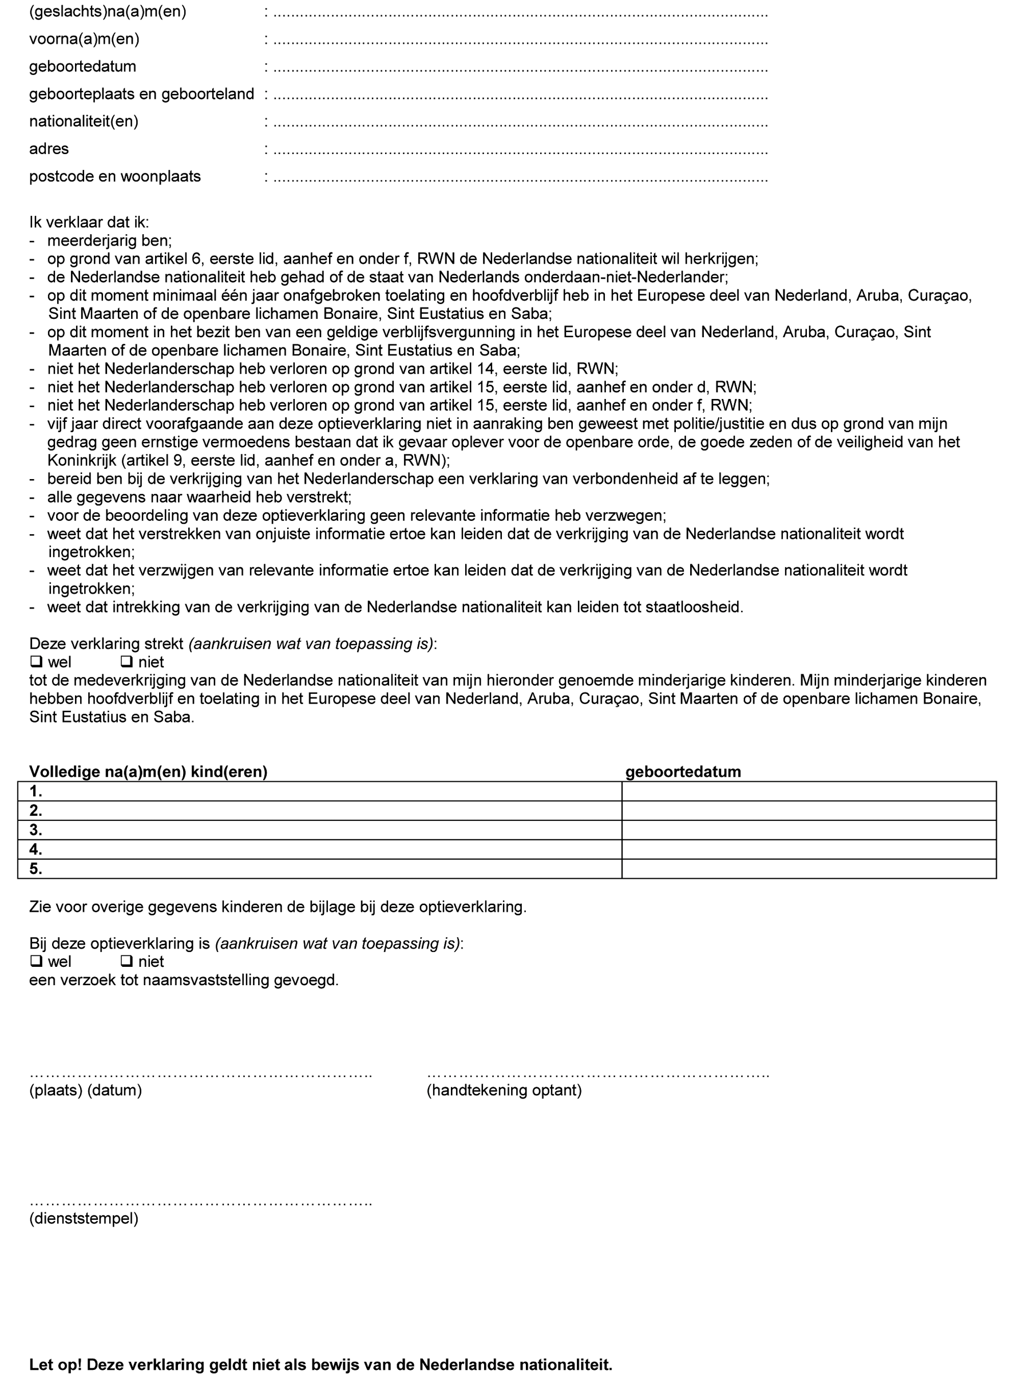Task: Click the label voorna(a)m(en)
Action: click(x=84, y=39)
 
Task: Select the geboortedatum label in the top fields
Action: click(x=82, y=66)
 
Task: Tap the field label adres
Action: click(x=49, y=149)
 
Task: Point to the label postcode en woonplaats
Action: click(x=115, y=176)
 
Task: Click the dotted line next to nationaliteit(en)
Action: click(x=520, y=123)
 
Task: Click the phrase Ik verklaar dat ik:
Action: click(x=89, y=222)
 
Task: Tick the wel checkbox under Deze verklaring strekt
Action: click(x=36, y=662)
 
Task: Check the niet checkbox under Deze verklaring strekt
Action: click(x=126, y=662)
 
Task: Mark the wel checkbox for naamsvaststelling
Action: click(x=36, y=961)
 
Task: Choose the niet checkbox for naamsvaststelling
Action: click(x=126, y=961)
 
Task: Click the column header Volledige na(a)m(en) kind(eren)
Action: click(x=148, y=772)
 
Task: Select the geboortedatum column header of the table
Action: click(x=683, y=772)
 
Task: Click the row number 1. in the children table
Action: click(x=35, y=791)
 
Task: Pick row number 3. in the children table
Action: click(x=35, y=830)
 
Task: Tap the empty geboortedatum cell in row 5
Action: click(x=809, y=868)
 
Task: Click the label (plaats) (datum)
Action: click(x=85, y=1090)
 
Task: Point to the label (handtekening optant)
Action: click(x=504, y=1090)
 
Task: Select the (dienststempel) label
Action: click(x=84, y=1218)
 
